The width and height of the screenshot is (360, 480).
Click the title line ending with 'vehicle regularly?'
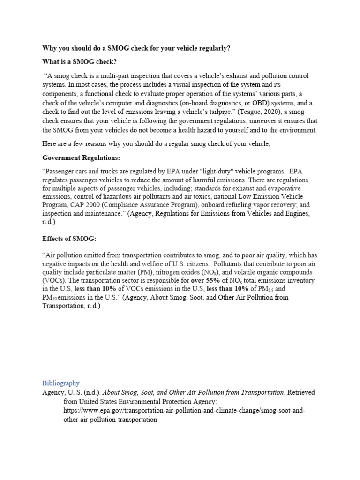pyautogui.click(x=136, y=48)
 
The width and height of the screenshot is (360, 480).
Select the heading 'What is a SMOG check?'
pyautogui.click(x=79, y=62)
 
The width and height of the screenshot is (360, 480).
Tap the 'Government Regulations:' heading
pyautogui.click(x=81, y=157)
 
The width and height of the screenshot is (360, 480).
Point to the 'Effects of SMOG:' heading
pyautogui.click(x=69, y=239)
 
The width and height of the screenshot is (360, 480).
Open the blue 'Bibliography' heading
pyautogui.click(x=61, y=383)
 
